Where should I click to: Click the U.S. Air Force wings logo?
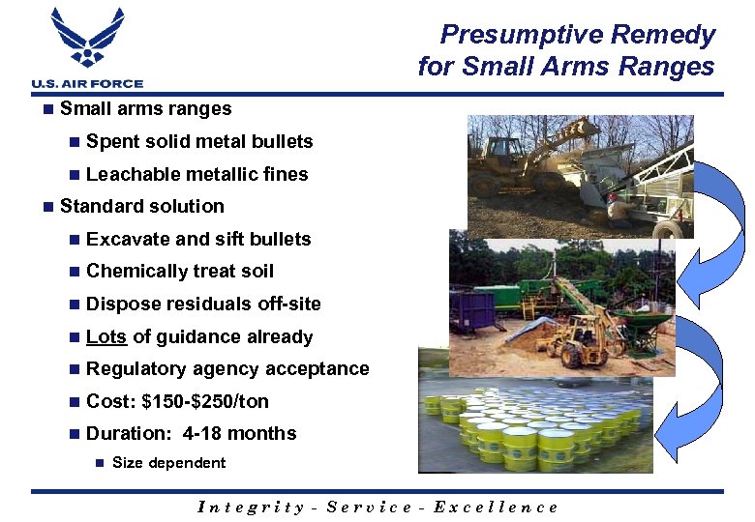(x=87, y=39)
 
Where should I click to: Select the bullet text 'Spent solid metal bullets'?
(x=199, y=142)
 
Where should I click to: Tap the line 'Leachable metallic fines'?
(x=196, y=174)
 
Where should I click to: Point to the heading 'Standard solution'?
(x=141, y=206)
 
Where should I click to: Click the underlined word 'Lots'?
(x=106, y=336)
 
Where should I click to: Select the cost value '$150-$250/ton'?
(x=205, y=401)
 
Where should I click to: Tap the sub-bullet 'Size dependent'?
(x=168, y=463)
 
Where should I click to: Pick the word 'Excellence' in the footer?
(x=497, y=507)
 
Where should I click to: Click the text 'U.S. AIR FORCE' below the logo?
(x=87, y=84)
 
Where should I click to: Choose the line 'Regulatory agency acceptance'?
(x=227, y=368)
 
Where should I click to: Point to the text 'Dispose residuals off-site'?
(x=203, y=304)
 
